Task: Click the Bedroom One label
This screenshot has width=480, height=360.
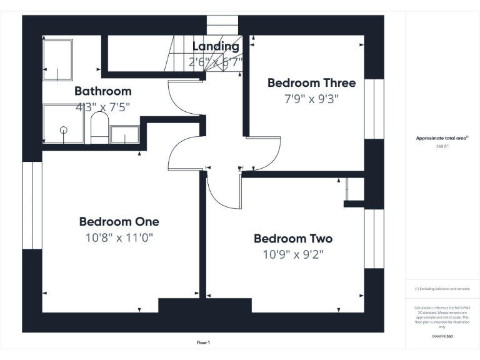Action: pyautogui.click(x=119, y=221)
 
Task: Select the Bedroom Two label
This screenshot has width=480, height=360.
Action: pyautogui.click(x=292, y=238)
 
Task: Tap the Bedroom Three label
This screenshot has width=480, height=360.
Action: pyautogui.click(x=311, y=82)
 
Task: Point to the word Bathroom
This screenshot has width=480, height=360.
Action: pyautogui.click(x=102, y=91)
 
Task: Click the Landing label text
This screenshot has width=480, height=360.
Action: pyautogui.click(x=215, y=46)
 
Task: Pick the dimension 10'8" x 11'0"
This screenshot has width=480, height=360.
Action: pyautogui.click(x=119, y=237)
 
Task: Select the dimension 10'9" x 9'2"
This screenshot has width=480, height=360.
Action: pyautogui.click(x=292, y=254)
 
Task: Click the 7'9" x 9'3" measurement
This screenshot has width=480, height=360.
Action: pyautogui.click(x=311, y=98)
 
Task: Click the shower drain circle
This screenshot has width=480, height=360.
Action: pyautogui.click(x=63, y=129)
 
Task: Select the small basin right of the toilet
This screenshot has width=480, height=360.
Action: pyautogui.click(x=124, y=134)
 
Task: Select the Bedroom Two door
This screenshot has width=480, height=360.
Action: pyautogui.click(x=222, y=191)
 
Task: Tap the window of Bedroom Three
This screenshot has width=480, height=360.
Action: pyautogui.click(x=374, y=109)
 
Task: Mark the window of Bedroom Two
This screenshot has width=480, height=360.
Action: pyautogui.click(x=374, y=239)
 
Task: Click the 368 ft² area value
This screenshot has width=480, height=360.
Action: pyautogui.click(x=442, y=146)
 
